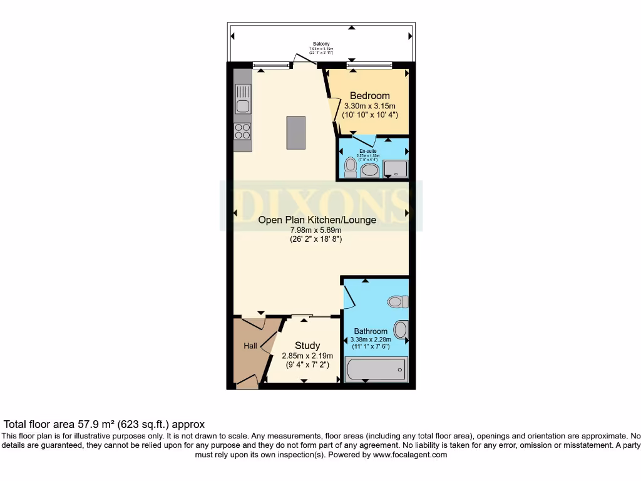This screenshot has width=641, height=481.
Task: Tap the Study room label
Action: coord(307,345)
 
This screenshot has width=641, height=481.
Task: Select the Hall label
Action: coord(250,346)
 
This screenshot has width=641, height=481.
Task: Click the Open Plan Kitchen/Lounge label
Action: coord(317,220)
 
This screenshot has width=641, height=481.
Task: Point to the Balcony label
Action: coord(322,44)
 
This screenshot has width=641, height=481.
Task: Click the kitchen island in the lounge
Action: coord(296,132)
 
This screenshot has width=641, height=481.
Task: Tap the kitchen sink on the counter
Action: coord(243,100)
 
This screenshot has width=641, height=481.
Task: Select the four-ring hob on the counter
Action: coord(243,131)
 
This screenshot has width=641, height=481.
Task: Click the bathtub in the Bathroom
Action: coord(376,370)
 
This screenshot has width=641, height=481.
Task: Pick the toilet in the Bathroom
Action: coord(397,302)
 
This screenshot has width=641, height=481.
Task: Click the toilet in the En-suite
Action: coord(351,167)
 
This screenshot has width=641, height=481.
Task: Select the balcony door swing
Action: coord(304,59)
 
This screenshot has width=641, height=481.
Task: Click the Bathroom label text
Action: coord(371,331)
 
